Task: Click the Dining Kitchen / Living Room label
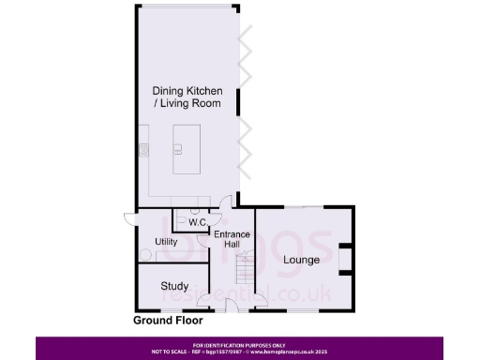pos(187,97)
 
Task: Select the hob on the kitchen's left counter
pos(144,150)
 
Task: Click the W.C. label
pos(197,222)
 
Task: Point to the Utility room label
pos(153,242)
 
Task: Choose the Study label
pos(174,286)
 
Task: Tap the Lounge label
pos(302,260)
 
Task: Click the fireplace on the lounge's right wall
pos(344,257)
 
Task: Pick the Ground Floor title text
pos(168,321)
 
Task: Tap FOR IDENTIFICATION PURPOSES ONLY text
pos(239,345)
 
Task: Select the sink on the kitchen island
pos(178,148)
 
